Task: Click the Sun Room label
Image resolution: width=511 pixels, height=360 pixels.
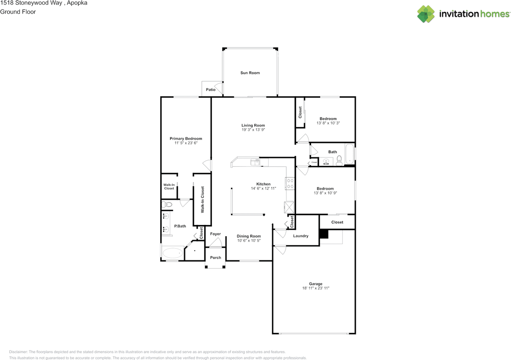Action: tap(250, 73)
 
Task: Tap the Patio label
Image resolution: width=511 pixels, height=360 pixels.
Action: tap(210, 90)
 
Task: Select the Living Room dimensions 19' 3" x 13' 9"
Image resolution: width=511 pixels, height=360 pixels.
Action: tap(253, 130)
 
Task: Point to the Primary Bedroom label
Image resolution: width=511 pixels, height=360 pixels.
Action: tap(186, 139)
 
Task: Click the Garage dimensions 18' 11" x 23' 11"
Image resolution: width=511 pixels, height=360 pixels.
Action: tap(316, 288)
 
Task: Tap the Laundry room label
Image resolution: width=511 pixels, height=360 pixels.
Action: tap(301, 236)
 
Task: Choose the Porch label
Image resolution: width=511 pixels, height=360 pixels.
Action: tap(216, 257)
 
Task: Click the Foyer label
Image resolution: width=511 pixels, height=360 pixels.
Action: tap(215, 234)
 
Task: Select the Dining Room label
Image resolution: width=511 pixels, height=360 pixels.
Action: tap(249, 236)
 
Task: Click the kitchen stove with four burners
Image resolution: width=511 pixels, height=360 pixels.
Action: tap(290, 183)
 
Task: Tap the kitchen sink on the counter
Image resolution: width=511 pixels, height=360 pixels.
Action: tap(255, 162)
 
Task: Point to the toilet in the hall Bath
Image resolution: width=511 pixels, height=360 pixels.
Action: tap(339, 161)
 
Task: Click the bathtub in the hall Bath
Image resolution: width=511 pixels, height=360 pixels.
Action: tap(349, 154)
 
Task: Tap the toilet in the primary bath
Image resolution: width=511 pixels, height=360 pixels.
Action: tap(167, 204)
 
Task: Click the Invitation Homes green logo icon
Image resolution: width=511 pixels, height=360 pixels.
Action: tap(426, 14)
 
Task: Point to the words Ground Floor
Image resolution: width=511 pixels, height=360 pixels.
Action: tap(18, 12)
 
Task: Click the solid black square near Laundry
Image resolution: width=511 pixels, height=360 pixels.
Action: tap(324, 234)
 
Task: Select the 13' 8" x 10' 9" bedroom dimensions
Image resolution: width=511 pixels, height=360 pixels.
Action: tap(325, 193)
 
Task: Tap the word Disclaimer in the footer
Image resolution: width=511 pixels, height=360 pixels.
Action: tap(18, 352)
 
